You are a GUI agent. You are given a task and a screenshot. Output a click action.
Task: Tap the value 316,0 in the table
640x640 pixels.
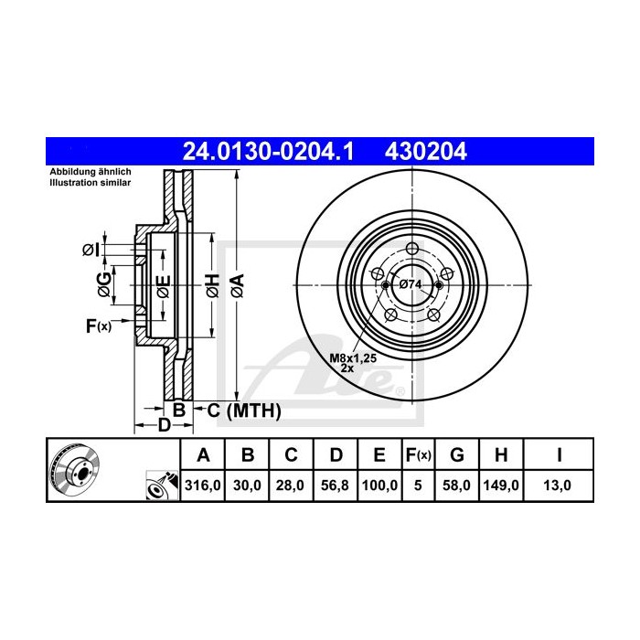coord(204,486)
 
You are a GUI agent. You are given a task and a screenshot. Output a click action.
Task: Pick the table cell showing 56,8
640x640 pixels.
coord(335,486)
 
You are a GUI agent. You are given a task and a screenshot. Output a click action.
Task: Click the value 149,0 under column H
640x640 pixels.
coord(502,486)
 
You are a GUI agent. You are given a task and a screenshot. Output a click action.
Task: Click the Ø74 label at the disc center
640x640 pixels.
coord(411,285)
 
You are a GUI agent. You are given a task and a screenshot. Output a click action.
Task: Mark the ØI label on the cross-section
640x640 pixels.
coord(90,250)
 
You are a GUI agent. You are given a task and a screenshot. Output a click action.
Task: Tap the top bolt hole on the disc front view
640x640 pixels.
coord(411,250)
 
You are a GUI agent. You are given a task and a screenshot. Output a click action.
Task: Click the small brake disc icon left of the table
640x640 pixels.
coord(73,471)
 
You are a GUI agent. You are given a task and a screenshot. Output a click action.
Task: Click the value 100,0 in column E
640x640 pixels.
coord(379,486)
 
